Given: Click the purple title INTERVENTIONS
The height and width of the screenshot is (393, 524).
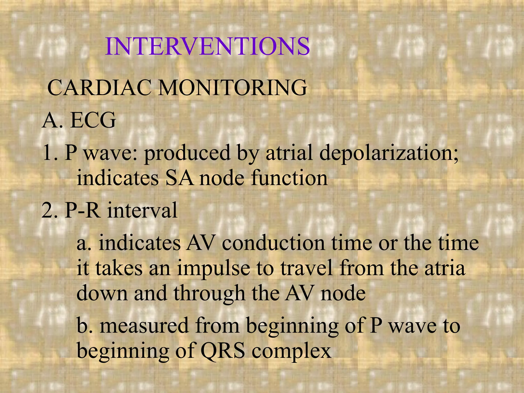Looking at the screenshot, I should pos(207,46).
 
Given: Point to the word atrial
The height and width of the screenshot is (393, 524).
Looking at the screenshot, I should pos(289,153).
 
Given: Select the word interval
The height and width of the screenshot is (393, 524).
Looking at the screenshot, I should pos(142,210).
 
